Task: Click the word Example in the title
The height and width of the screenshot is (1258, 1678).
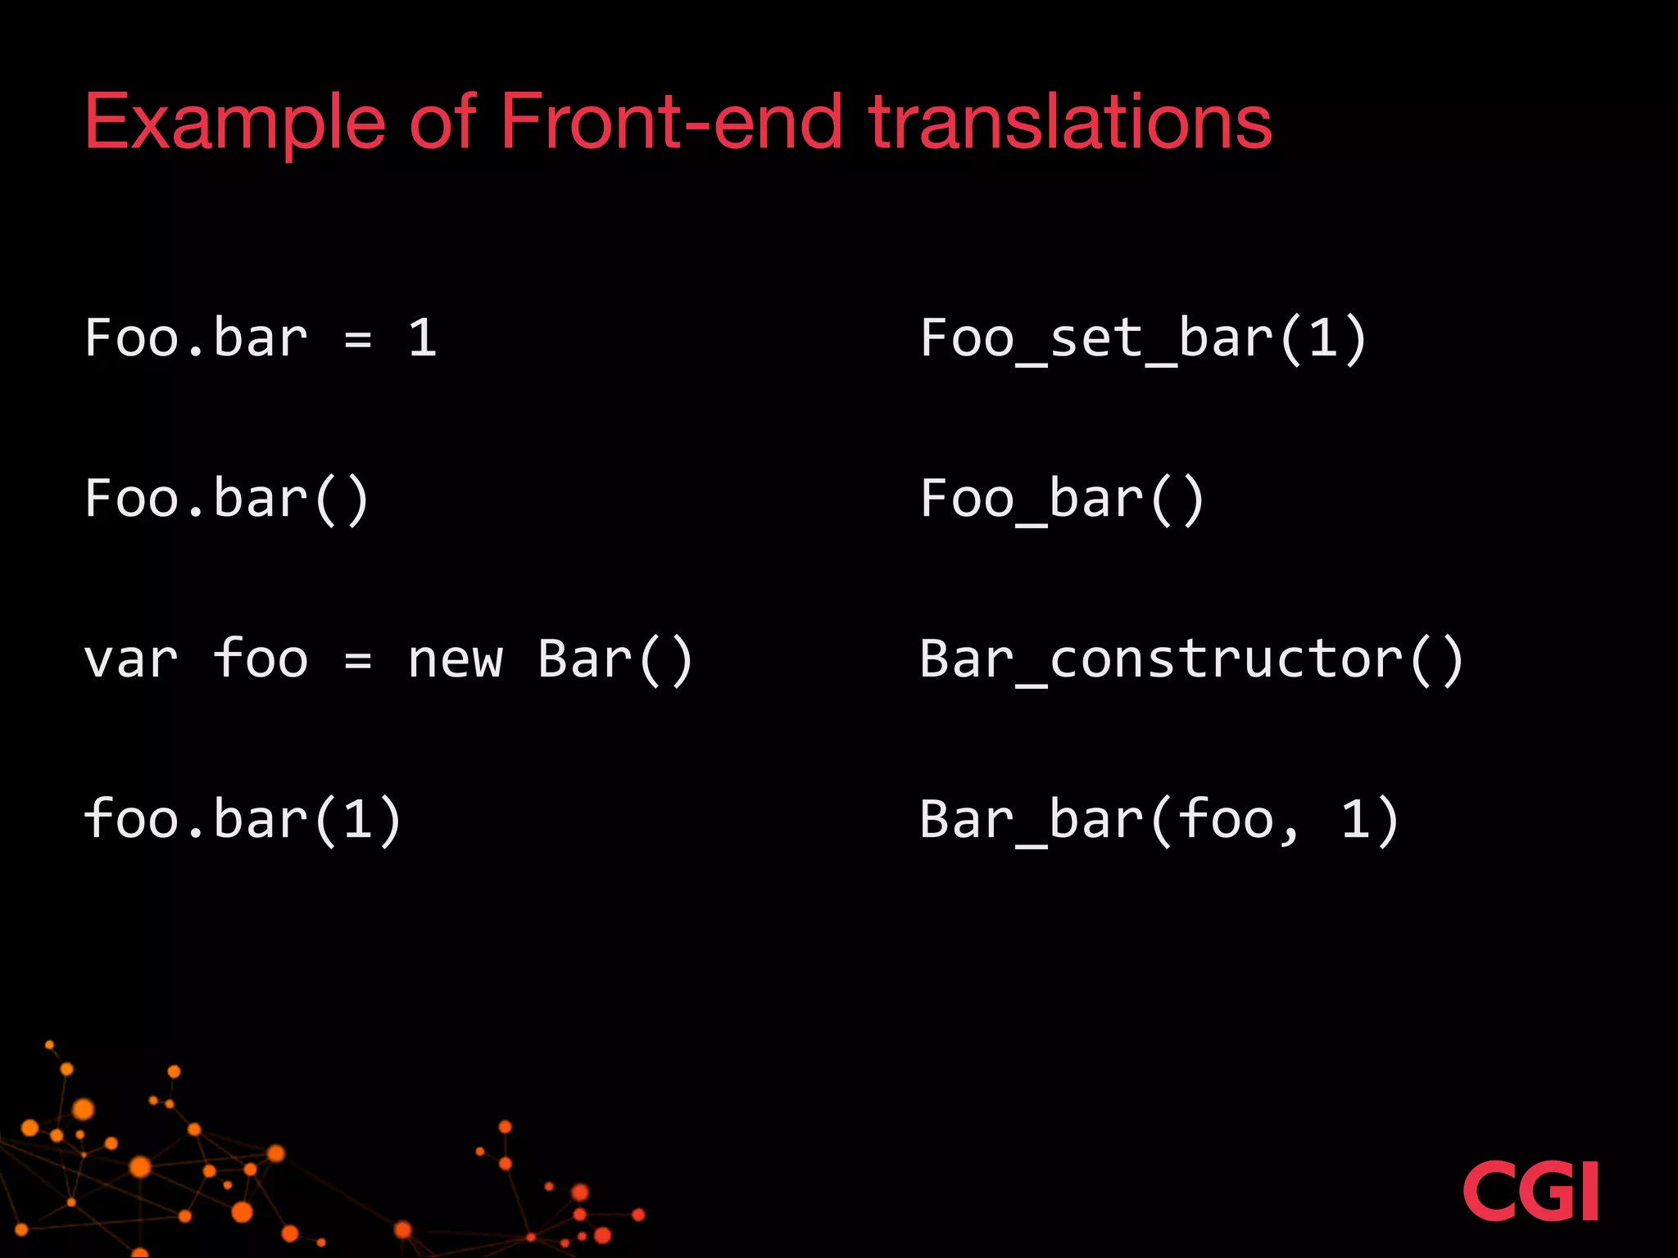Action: point(234,123)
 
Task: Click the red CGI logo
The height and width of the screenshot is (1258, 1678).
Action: point(1530,1191)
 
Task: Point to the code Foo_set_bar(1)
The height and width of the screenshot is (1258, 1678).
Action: point(1143,338)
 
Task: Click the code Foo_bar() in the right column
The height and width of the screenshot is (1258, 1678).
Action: point(1062,499)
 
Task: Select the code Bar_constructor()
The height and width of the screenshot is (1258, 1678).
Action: point(1191,659)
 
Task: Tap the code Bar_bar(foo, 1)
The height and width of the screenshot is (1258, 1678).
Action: point(1159,819)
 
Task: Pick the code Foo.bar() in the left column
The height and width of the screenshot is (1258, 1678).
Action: point(227,499)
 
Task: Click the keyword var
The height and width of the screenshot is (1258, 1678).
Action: point(131,660)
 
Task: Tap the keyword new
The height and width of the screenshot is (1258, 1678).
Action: point(455,660)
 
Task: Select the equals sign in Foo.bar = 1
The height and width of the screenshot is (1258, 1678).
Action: point(358,339)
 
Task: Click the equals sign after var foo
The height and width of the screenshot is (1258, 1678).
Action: point(358,660)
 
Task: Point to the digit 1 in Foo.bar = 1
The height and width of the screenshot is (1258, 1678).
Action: point(422,337)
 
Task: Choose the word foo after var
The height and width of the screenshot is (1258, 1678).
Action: point(261,658)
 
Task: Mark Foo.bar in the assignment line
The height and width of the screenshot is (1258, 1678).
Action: point(196,337)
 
